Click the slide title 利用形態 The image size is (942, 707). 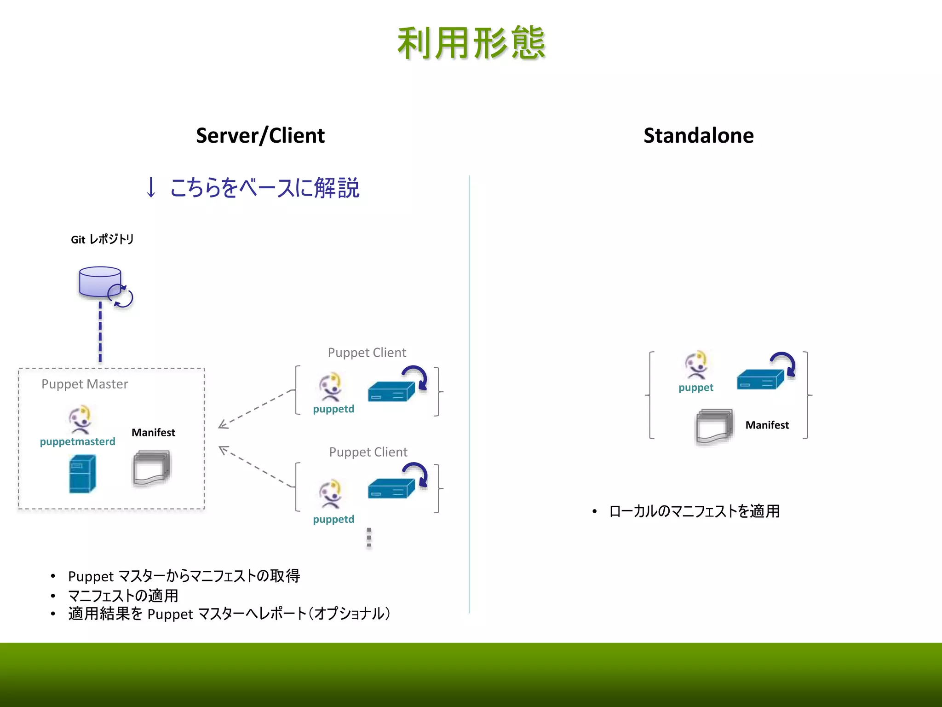471,43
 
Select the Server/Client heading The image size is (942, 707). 260,136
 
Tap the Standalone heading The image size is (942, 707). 698,136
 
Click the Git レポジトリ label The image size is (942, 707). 102,239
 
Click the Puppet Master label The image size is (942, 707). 85,384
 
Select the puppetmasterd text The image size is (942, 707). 77,442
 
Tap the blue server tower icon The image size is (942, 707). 82,474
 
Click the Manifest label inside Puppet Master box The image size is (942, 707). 153,433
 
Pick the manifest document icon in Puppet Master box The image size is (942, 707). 151,468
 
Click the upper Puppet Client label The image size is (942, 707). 367,353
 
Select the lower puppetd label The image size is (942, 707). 333,520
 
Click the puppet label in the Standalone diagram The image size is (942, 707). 695,388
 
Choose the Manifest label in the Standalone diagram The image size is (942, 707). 767,425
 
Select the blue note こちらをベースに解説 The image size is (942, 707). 264,188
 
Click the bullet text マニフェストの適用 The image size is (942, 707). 123,596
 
